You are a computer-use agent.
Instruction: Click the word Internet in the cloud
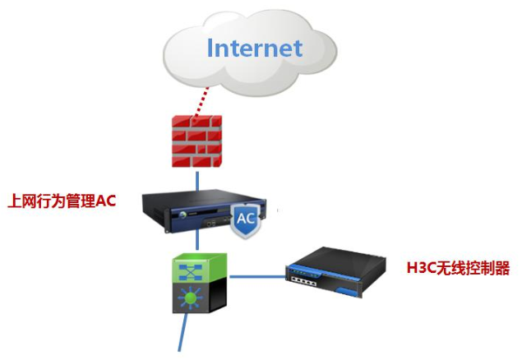[255, 48]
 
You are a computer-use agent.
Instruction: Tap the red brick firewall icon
[196, 141]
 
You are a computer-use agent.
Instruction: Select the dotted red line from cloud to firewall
[201, 102]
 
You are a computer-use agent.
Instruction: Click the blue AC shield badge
[246, 220]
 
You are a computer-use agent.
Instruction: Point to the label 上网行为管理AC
[62, 201]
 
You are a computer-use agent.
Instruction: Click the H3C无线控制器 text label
[458, 268]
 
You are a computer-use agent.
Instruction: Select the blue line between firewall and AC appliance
[197, 182]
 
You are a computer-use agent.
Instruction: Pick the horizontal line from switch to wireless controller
[257, 276]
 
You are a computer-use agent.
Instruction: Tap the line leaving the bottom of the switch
[182, 332]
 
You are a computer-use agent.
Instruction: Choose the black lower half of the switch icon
[200, 297]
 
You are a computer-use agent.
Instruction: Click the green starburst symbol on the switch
[190, 297]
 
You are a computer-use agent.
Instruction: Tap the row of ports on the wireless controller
[303, 282]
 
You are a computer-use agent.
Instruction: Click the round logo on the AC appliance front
[182, 215]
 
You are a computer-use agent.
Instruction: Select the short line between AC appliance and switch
[197, 239]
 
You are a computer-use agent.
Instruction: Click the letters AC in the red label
[106, 201]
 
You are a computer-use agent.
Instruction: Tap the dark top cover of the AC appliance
[203, 199]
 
